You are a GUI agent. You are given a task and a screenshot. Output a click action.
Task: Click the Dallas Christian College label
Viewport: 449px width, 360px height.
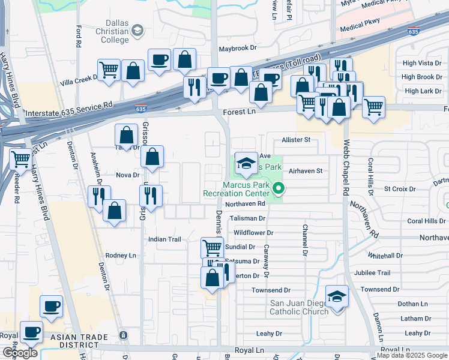(x=113, y=31)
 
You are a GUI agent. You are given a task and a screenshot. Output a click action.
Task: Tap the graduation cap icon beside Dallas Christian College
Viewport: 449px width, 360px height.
(x=138, y=30)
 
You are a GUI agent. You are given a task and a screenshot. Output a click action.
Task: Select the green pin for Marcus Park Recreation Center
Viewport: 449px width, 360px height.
(x=279, y=189)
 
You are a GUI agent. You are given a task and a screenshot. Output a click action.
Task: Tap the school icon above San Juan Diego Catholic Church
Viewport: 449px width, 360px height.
(x=337, y=296)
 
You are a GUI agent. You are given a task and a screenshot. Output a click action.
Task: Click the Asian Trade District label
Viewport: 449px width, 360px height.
(x=83, y=341)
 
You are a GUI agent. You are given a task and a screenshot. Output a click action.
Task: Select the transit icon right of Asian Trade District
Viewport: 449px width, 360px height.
(x=124, y=335)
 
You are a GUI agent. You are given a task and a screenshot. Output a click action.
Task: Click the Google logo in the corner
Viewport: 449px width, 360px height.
(x=20, y=353)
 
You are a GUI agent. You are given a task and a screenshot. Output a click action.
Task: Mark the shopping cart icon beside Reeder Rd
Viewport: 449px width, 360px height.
(x=20, y=159)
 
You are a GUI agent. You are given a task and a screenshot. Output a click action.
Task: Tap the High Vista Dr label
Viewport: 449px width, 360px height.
(x=422, y=63)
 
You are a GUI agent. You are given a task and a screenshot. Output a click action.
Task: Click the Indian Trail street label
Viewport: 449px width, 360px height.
(x=164, y=239)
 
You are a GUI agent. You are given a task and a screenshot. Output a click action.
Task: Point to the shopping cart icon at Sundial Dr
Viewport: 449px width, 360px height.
(x=212, y=247)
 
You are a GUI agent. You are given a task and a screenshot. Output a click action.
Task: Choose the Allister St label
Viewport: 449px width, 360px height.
(x=295, y=140)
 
